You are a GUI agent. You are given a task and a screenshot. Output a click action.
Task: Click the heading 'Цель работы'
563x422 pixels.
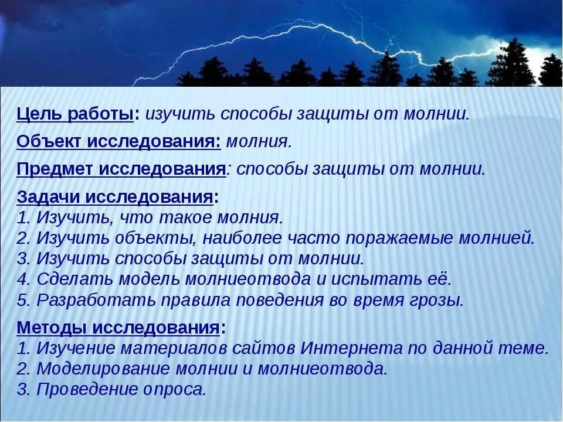coord(74,114)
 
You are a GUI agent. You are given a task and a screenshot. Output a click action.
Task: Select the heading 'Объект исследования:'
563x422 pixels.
coord(118,141)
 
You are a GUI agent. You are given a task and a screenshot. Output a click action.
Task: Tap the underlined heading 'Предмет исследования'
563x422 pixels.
coord(121,169)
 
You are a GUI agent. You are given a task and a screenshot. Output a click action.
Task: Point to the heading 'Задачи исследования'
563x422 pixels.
coord(114,198)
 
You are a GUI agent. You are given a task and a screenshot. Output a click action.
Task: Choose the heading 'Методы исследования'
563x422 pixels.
coord(118,327)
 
